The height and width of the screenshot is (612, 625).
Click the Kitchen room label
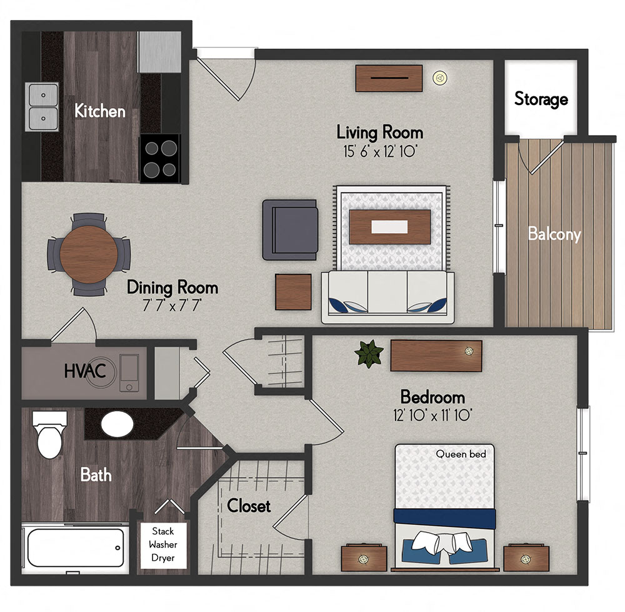coord(100,111)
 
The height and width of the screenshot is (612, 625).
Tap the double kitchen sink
coord(42,106)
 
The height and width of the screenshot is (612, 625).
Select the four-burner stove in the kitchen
coord(160,158)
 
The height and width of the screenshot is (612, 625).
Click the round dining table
coord(88,253)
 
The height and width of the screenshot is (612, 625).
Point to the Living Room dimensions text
coord(379,151)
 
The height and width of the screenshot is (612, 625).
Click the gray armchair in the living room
coord(290,229)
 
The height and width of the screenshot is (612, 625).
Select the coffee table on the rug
coord(390,227)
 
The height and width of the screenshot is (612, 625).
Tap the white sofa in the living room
coord(384,296)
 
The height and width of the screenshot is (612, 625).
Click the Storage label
coord(541,99)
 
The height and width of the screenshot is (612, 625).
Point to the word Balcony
coord(554,234)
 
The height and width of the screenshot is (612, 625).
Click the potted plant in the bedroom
coord(369,353)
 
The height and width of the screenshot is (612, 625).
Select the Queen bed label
coord(461,454)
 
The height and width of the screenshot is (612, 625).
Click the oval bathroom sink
coord(117,425)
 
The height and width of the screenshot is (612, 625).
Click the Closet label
coord(249,505)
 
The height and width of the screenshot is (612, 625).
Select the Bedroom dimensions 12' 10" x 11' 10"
coord(432,414)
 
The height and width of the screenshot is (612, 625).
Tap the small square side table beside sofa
coord(294,292)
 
